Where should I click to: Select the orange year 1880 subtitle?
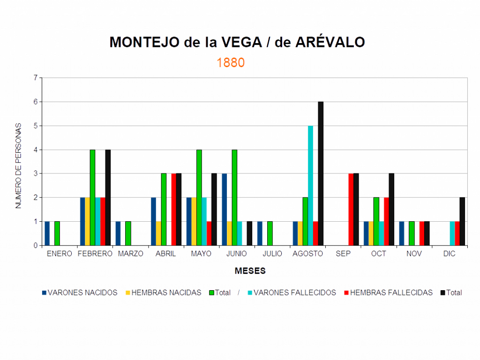click(231, 63)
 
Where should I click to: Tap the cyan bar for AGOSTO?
click(310, 185)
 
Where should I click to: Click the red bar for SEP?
click(351, 209)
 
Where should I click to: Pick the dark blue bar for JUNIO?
click(225, 209)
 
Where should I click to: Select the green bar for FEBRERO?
click(92, 197)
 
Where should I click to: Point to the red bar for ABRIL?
click(173, 209)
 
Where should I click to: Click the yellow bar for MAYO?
click(194, 221)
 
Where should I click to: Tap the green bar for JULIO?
click(270, 233)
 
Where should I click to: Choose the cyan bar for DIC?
click(452, 233)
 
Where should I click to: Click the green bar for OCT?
click(376, 221)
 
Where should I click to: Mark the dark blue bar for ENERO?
click(47, 233)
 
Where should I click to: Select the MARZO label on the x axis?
click(127, 254)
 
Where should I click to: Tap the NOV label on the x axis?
click(414, 254)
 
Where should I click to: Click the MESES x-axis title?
click(251, 271)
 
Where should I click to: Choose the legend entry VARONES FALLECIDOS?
click(295, 292)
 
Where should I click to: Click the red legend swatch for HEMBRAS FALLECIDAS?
click(346, 292)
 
